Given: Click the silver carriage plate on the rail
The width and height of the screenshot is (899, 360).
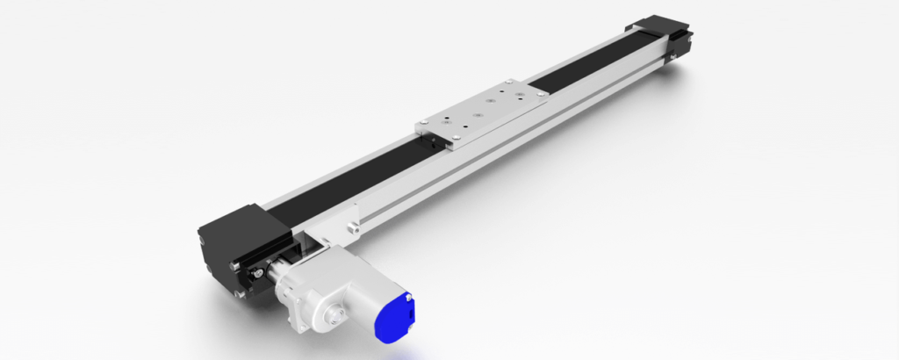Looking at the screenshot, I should (483, 112).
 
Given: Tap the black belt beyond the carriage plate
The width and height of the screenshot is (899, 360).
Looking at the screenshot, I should (579, 70).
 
